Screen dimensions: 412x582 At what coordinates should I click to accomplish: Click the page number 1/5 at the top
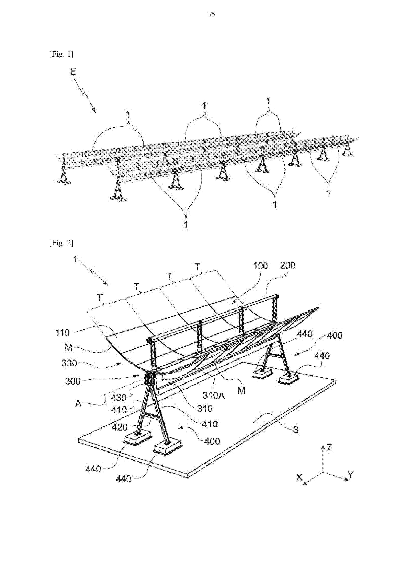[211, 14]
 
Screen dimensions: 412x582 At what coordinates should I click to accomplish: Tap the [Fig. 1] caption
[61, 54]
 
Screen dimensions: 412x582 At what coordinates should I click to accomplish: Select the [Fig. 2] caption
[61, 243]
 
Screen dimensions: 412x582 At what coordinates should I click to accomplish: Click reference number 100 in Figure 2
[260, 266]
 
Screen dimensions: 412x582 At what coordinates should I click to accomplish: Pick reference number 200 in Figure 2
[287, 265]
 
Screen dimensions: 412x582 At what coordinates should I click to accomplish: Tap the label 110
[62, 333]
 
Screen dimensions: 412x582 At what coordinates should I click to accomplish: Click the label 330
[69, 363]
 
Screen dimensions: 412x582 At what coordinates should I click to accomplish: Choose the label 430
[118, 398]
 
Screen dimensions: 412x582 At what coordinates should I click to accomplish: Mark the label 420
[120, 427]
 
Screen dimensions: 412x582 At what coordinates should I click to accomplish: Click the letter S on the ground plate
[296, 430]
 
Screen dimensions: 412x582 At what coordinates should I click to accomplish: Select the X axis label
[300, 477]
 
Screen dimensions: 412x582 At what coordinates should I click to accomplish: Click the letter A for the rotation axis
[78, 403]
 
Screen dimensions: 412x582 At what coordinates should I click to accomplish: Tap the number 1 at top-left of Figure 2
[75, 259]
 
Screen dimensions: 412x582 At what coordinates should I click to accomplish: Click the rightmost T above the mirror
[198, 267]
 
